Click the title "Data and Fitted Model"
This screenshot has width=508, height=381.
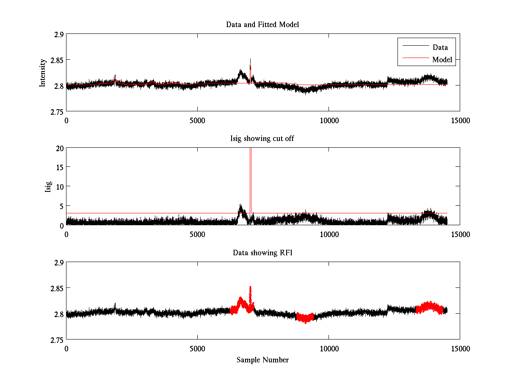[x=262, y=25]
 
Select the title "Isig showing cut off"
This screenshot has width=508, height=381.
[x=262, y=139]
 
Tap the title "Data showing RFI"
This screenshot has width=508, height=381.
[x=262, y=253]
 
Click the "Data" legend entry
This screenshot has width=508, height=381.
[x=440, y=47]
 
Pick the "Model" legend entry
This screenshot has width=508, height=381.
[x=442, y=60]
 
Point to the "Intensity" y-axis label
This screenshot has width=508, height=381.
[x=43, y=73]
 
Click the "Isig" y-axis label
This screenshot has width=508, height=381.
[x=49, y=187]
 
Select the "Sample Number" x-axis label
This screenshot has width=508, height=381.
[x=262, y=360]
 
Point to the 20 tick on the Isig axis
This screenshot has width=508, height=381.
[x=59, y=148]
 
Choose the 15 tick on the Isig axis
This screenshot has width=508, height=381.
[x=59, y=167]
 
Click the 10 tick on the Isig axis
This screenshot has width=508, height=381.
[x=59, y=187]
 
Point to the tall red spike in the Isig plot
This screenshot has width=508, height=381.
[x=251, y=178]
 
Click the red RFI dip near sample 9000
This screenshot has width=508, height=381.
[x=305, y=318]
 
